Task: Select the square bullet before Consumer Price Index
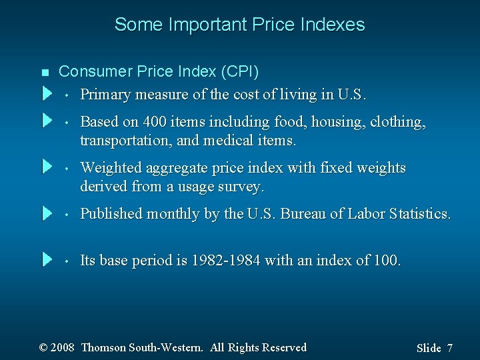tap(45, 72)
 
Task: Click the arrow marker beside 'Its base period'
tap(47, 259)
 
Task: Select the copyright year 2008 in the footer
tap(63, 347)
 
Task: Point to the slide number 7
tap(450, 348)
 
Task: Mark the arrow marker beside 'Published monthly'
tap(47, 213)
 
